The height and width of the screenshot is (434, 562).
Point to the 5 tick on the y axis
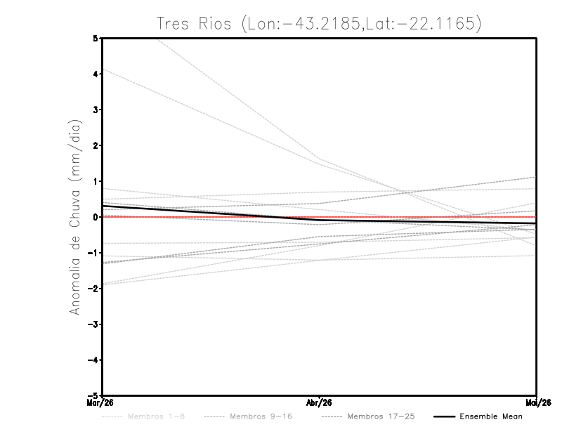(x=96, y=38)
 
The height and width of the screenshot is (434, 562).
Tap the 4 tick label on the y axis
(x=96, y=74)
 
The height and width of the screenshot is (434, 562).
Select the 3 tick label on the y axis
(x=96, y=110)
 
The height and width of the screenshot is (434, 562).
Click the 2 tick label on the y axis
(x=96, y=145)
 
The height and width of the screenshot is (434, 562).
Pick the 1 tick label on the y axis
(x=96, y=181)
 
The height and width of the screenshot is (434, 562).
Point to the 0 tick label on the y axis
(x=96, y=217)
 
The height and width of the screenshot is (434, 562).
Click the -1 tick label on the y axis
(x=93, y=253)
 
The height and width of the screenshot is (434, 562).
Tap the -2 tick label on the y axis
(x=93, y=289)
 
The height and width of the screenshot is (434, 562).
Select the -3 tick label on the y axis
(x=93, y=324)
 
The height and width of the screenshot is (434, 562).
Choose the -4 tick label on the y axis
(x=93, y=360)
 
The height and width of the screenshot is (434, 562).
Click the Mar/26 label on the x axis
(x=104, y=403)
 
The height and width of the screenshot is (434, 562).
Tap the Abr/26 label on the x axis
(x=320, y=403)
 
